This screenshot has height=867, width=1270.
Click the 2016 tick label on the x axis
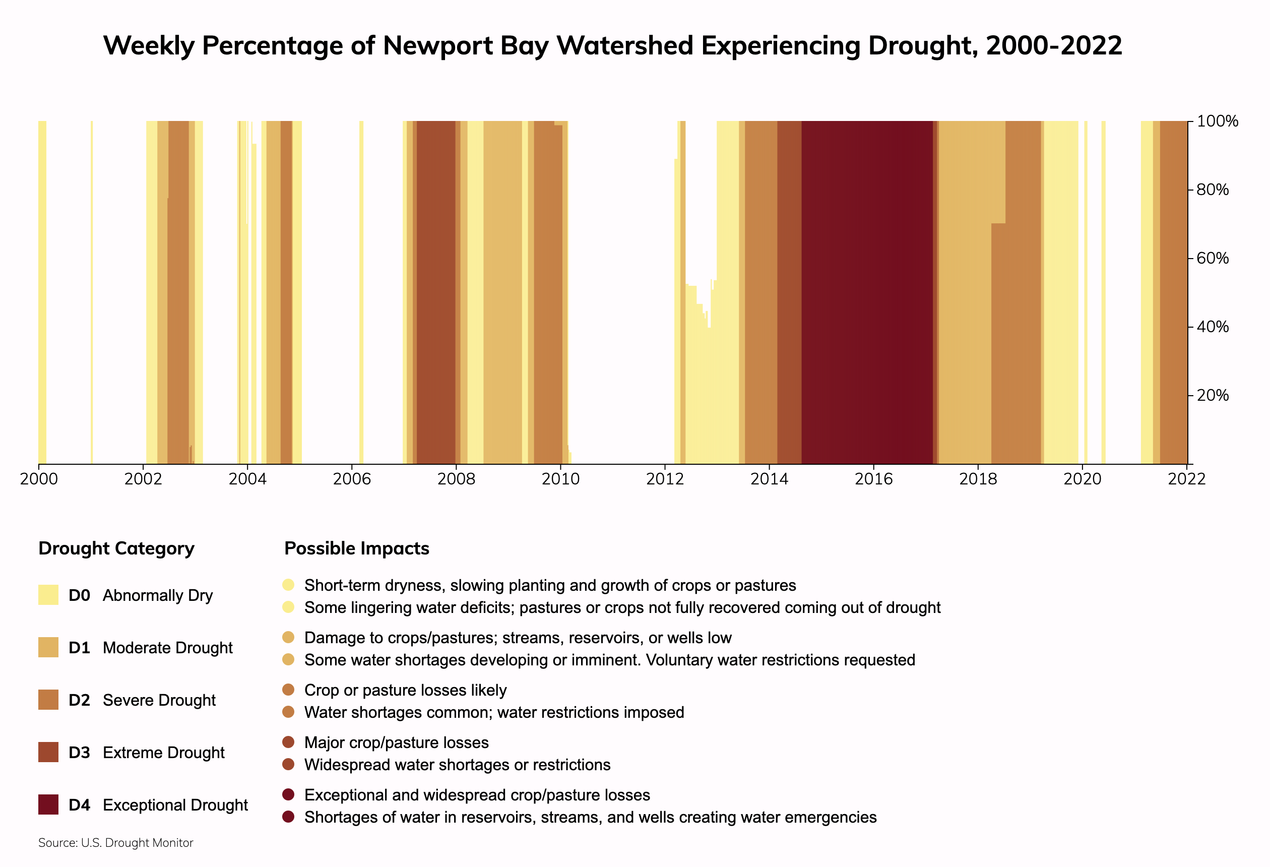pyautogui.click(x=873, y=479)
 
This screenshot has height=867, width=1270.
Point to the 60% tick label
pyautogui.click(x=1213, y=258)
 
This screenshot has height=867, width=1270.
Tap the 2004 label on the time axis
pyautogui.click(x=247, y=479)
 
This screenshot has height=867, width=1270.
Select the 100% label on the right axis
pyautogui.click(x=1217, y=121)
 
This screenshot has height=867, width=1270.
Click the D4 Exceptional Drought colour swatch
pyautogui.click(x=48, y=804)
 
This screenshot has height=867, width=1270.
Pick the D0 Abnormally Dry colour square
pyautogui.click(x=48, y=595)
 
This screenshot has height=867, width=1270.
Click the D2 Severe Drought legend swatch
pyautogui.click(x=48, y=700)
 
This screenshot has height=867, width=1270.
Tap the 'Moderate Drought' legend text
pyautogui.click(x=167, y=648)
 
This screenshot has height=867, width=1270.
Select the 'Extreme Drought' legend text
pyautogui.click(x=163, y=753)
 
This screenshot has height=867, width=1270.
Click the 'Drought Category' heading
pyautogui.click(x=116, y=548)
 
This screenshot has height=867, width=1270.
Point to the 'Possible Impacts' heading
pyautogui.click(x=356, y=548)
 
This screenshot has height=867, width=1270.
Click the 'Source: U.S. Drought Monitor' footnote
pyautogui.click(x=116, y=843)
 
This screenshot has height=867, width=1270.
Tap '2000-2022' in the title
pyautogui.click(x=1054, y=45)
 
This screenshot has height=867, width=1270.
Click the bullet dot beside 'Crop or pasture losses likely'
pyautogui.click(x=288, y=690)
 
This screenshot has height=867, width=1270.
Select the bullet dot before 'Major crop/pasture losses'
pyautogui.click(x=288, y=742)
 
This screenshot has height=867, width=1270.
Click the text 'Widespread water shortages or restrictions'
pyautogui.click(x=457, y=765)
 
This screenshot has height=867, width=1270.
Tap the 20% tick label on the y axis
pyautogui.click(x=1213, y=395)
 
